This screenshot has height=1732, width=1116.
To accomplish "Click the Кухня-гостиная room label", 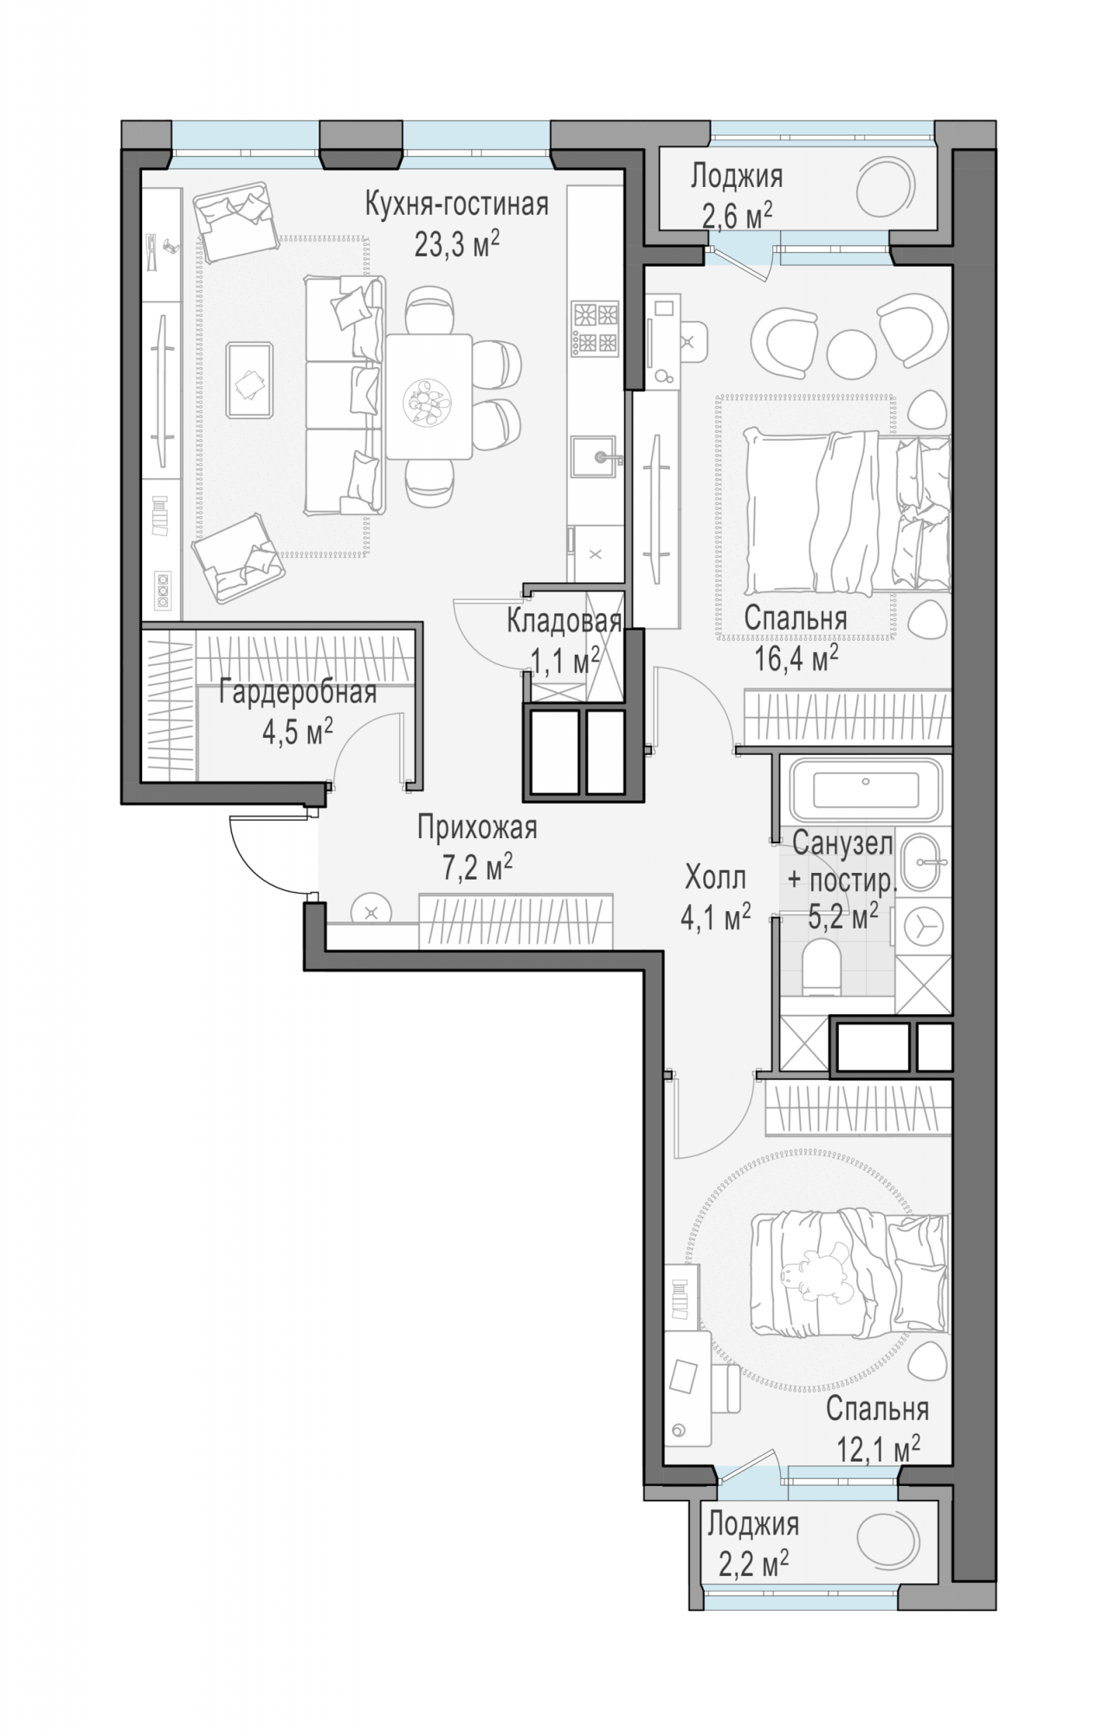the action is (x=456, y=205).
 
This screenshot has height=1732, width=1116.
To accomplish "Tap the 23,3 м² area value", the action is (x=456, y=244).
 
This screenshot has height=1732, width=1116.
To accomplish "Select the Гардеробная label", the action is (x=297, y=694).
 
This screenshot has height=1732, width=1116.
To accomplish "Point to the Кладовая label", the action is (x=564, y=621).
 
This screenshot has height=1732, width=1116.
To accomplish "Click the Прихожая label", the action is (x=477, y=828).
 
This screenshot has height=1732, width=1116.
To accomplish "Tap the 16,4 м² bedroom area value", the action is (x=796, y=657).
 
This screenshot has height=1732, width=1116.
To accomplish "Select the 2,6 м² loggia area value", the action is (x=737, y=215).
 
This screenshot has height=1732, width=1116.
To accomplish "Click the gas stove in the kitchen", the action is (x=596, y=327).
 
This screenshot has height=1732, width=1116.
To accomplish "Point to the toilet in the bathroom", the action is (x=820, y=969).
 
